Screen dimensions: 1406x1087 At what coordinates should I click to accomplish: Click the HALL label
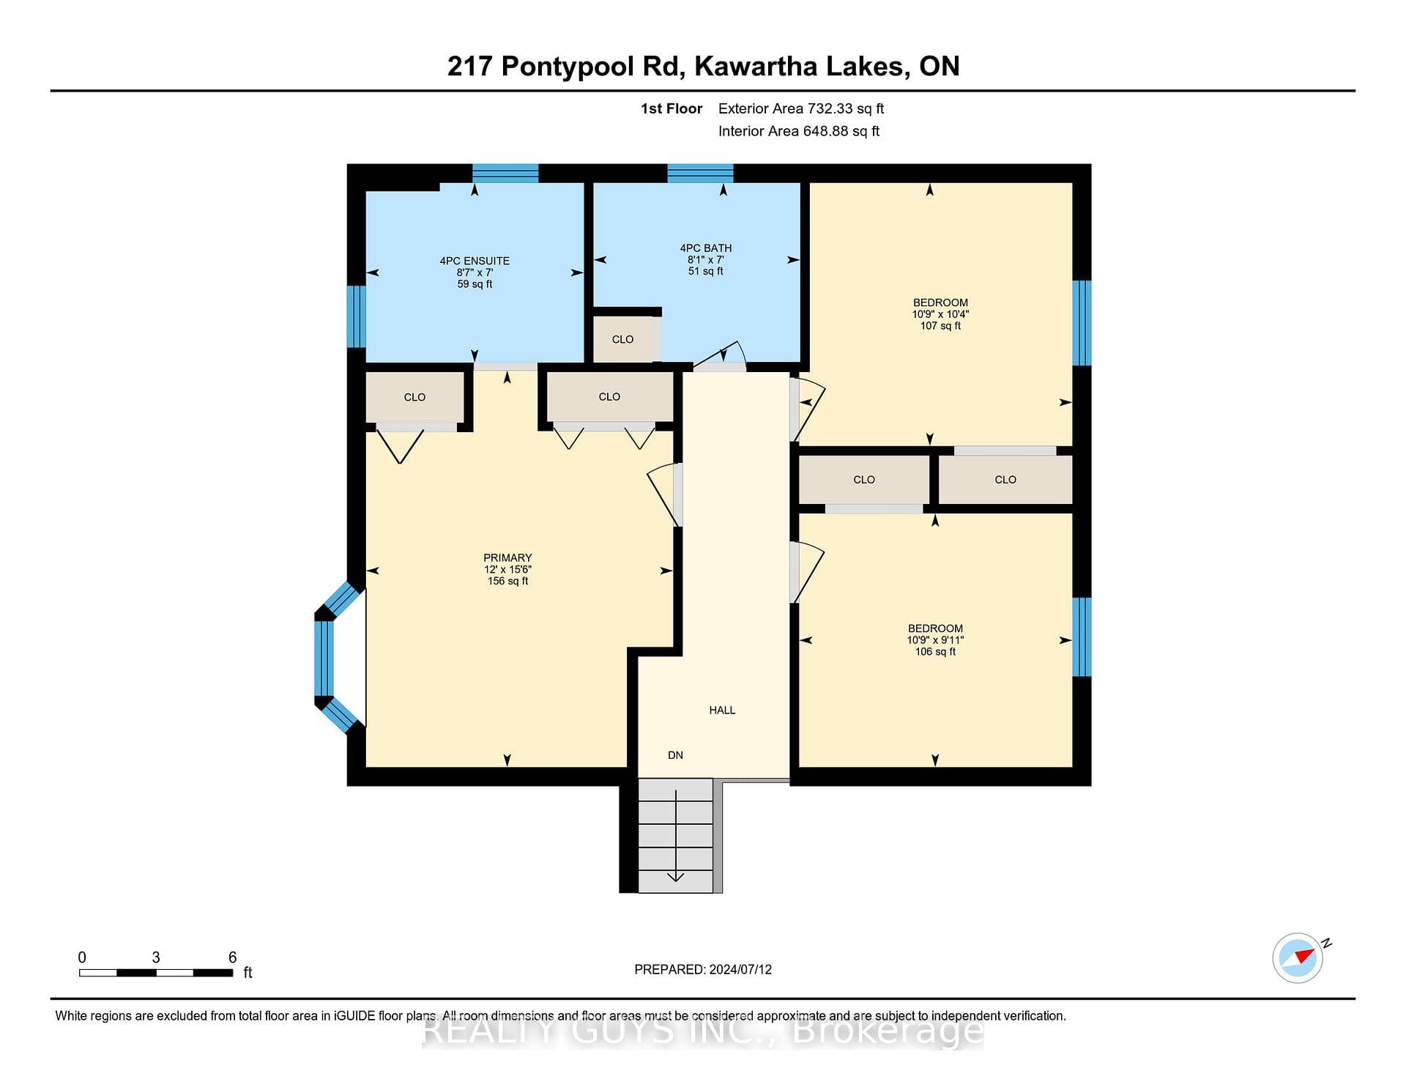(x=722, y=710)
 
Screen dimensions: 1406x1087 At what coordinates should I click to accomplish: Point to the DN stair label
(x=675, y=755)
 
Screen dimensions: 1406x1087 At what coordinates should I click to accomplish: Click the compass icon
(x=1298, y=957)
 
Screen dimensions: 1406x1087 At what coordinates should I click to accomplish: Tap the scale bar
(x=156, y=973)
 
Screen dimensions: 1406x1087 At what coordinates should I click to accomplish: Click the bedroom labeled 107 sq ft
(x=940, y=314)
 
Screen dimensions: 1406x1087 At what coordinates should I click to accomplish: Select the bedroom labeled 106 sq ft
(x=935, y=639)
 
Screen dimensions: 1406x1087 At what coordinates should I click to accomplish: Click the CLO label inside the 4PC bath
(x=622, y=339)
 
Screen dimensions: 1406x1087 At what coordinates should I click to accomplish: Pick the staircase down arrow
(x=675, y=836)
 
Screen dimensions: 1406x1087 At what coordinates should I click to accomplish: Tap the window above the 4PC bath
(x=700, y=173)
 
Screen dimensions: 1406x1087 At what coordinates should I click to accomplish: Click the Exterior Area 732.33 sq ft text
(x=801, y=108)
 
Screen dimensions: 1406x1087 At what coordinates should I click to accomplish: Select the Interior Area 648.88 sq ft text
(x=799, y=131)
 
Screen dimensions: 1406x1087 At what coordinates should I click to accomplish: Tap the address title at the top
(x=703, y=66)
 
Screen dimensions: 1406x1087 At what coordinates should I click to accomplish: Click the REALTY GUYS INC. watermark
(x=703, y=1031)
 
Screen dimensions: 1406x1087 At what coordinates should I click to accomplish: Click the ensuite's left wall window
(x=356, y=316)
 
